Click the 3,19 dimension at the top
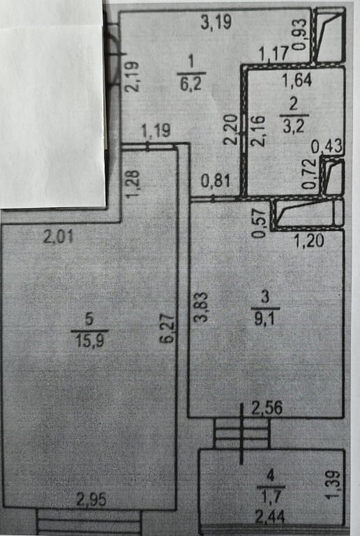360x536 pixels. click(216, 22)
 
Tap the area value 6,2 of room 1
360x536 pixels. click(191, 84)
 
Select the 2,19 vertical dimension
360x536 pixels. click(132, 76)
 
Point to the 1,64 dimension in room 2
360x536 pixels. click(297, 81)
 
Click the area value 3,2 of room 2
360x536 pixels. click(294, 126)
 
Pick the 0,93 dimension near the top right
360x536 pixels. click(299, 34)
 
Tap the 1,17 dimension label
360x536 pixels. click(275, 54)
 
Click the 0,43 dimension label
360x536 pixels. click(327, 147)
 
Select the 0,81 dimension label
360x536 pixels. click(216, 181)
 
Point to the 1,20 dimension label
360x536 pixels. click(309, 241)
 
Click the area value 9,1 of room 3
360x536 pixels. click(265, 320)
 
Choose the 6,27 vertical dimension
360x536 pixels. click(169, 329)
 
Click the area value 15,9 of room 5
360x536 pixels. click(90, 341)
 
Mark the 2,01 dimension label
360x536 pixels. click(59, 237)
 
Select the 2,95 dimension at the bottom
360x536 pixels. click(91, 500)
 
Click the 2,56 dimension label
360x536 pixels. click(267, 408)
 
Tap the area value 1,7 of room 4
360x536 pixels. click(270, 496)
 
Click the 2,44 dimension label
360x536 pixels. click(269, 516)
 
